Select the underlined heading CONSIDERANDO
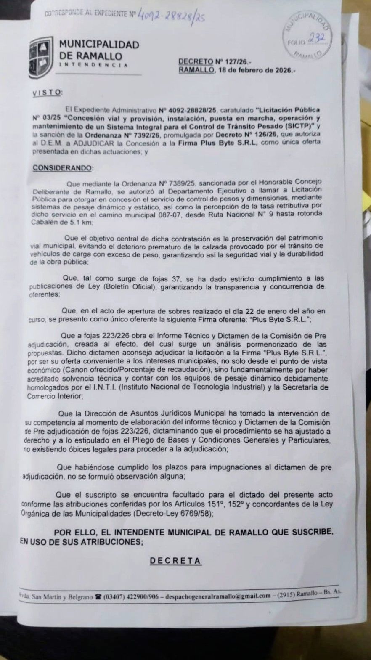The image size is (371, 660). (x=64, y=168)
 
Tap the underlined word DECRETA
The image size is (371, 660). (x=175, y=561)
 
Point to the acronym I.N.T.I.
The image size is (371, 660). (x=131, y=387)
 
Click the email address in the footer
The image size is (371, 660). (x=218, y=596)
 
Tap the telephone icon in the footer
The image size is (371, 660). (x=98, y=596)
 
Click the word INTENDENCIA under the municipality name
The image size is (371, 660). (x=94, y=65)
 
